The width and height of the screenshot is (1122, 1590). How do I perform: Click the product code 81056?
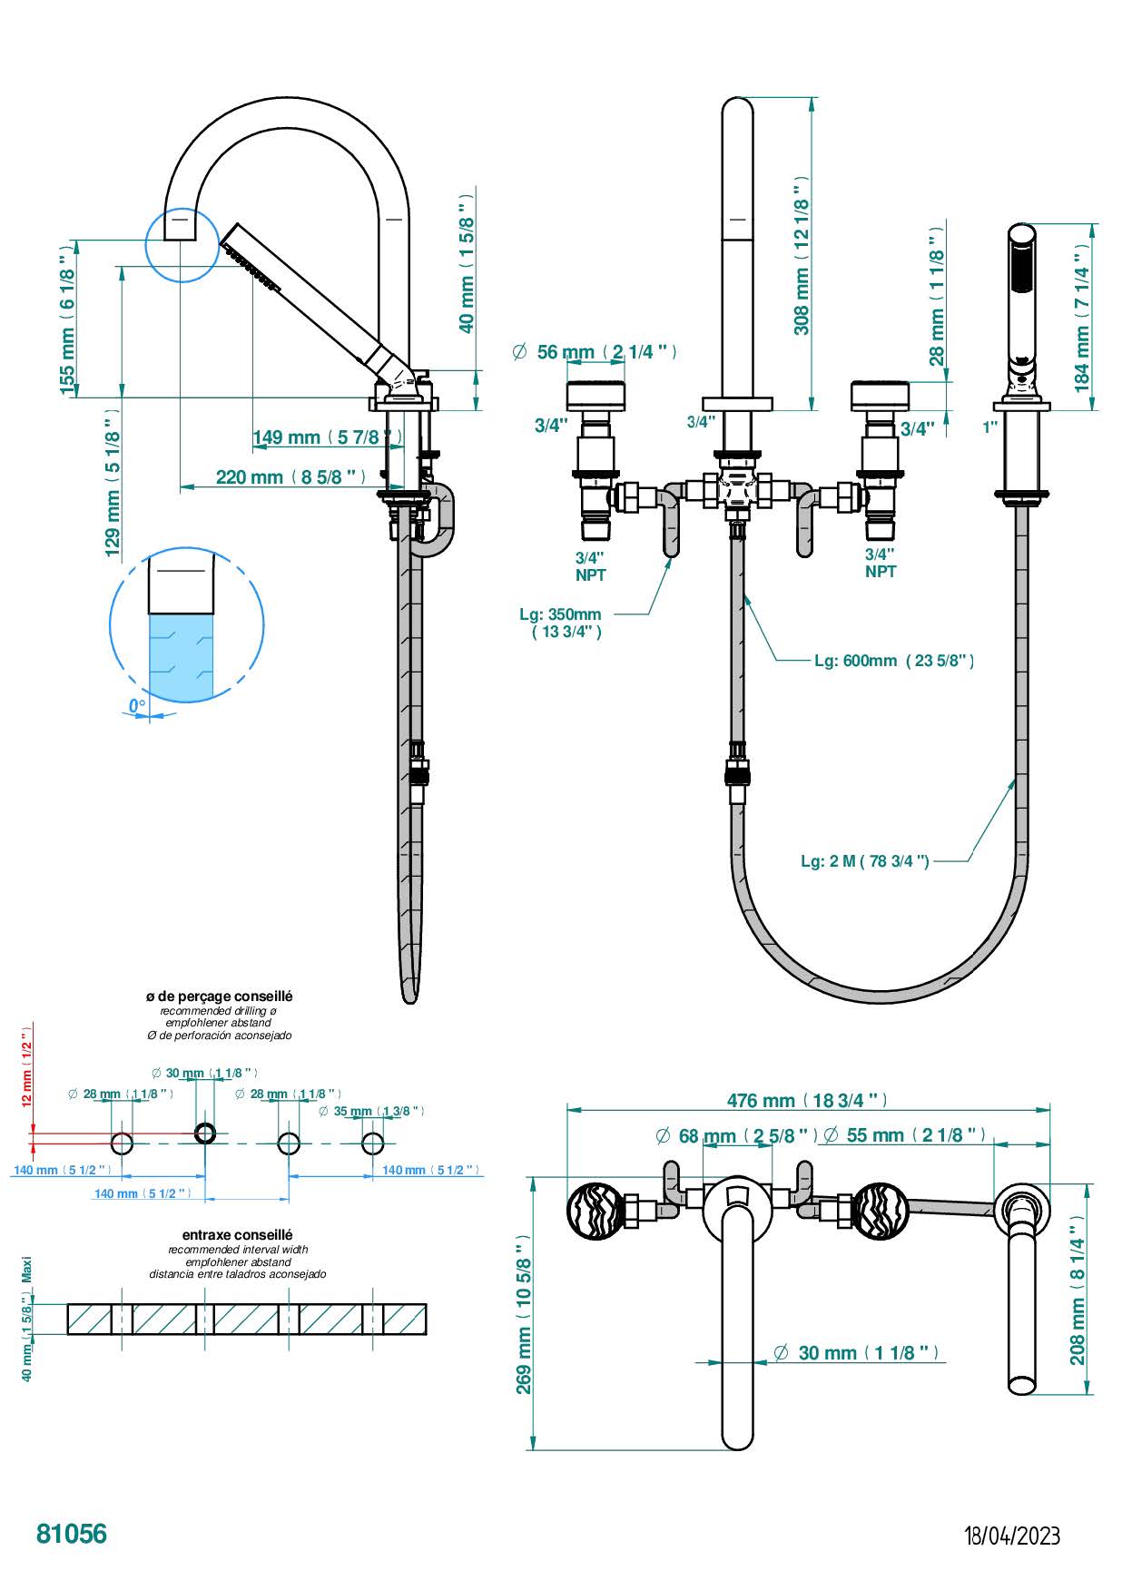click(x=72, y=1534)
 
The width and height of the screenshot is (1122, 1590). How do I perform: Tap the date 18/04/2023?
click(x=1012, y=1536)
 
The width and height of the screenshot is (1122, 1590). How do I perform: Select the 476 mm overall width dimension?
click(x=807, y=1100)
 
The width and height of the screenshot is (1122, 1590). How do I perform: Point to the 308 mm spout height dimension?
click(x=802, y=255)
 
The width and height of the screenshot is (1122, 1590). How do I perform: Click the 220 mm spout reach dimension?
click(x=291, y=476)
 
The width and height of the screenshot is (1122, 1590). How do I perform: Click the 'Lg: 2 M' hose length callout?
click(x=865, y=860)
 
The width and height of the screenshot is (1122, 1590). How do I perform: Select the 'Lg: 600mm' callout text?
click(x=894, y=661)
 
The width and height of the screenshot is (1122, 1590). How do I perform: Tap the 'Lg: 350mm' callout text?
click(x=561, y=623)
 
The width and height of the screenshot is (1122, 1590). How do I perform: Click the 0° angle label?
click(x=136, y=705)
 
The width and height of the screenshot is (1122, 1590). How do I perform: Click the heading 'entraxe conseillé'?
click(x=238, y=1234)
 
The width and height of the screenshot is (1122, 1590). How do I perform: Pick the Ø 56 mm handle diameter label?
click(x=595, y=352)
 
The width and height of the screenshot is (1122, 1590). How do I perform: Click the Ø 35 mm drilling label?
click(x=372, y=1111)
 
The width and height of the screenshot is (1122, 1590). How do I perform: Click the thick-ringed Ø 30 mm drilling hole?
click(x=205, y=1133)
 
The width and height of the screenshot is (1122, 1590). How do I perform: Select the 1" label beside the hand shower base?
click(x=989, y=426)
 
